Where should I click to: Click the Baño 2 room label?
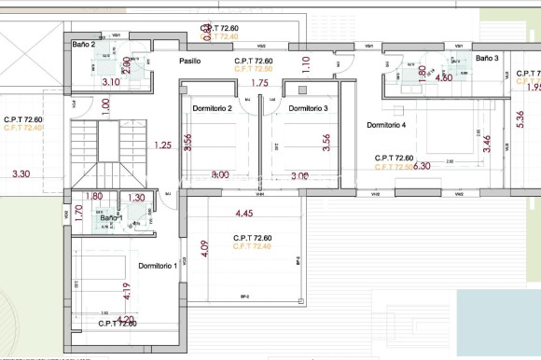point(84,44)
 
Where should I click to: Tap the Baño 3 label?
point(487,59)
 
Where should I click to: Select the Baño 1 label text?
point(111,218)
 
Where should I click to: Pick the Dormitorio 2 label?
point(212,109)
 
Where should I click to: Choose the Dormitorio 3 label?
point(308,109)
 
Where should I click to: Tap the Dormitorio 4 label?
point(386,125)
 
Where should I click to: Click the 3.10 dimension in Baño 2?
point(110,82)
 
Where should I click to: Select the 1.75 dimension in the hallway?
point(260,84)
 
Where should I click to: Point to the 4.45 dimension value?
point(245,213)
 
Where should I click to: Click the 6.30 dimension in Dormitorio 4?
point(421,166)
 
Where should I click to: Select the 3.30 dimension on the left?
point(21,173)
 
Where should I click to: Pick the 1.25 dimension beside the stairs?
point(163,145)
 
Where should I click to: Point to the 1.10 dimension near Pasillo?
point(305,64)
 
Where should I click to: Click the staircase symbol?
point(106,154)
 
